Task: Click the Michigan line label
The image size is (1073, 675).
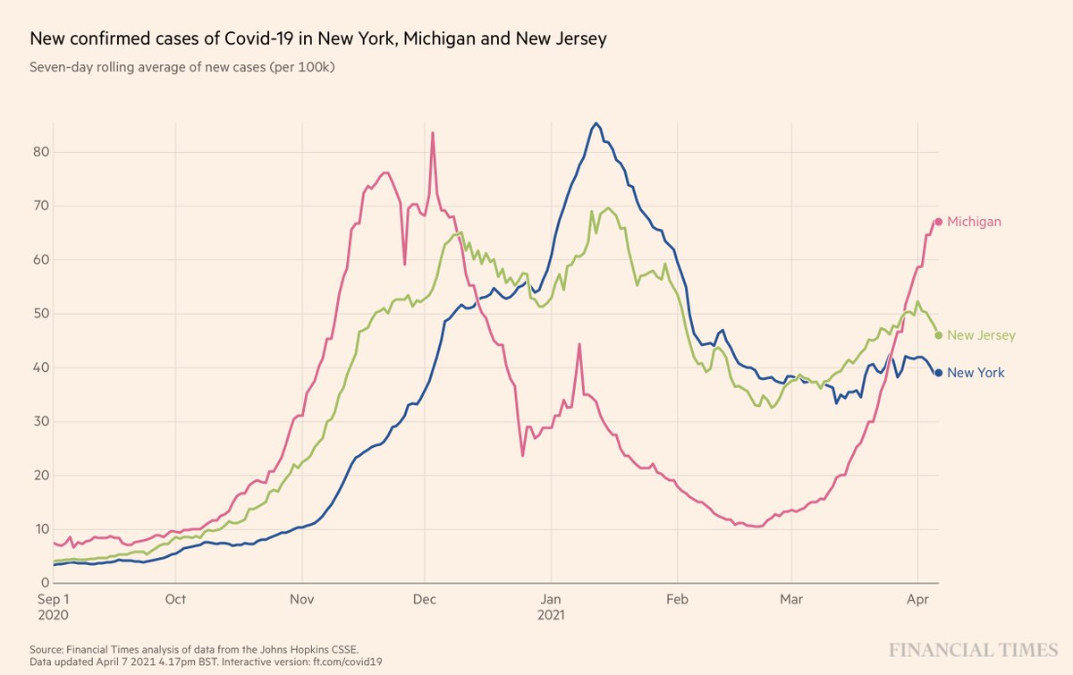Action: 974,222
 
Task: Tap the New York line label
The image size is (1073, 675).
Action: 976,373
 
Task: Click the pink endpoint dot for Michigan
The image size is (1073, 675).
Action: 938,222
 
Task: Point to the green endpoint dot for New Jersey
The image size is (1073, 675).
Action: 938,335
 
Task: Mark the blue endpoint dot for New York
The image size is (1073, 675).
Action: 938,373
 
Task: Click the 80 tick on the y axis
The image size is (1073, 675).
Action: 39,152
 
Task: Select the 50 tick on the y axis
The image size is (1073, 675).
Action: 39,314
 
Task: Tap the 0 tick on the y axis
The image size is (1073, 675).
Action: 43,583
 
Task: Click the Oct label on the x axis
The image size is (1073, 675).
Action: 175,599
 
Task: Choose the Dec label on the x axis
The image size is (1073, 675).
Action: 425,599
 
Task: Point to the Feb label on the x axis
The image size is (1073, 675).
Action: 677,599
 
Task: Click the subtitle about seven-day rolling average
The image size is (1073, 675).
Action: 182,67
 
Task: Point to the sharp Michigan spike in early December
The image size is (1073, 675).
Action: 433,134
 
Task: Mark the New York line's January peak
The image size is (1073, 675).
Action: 596,124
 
